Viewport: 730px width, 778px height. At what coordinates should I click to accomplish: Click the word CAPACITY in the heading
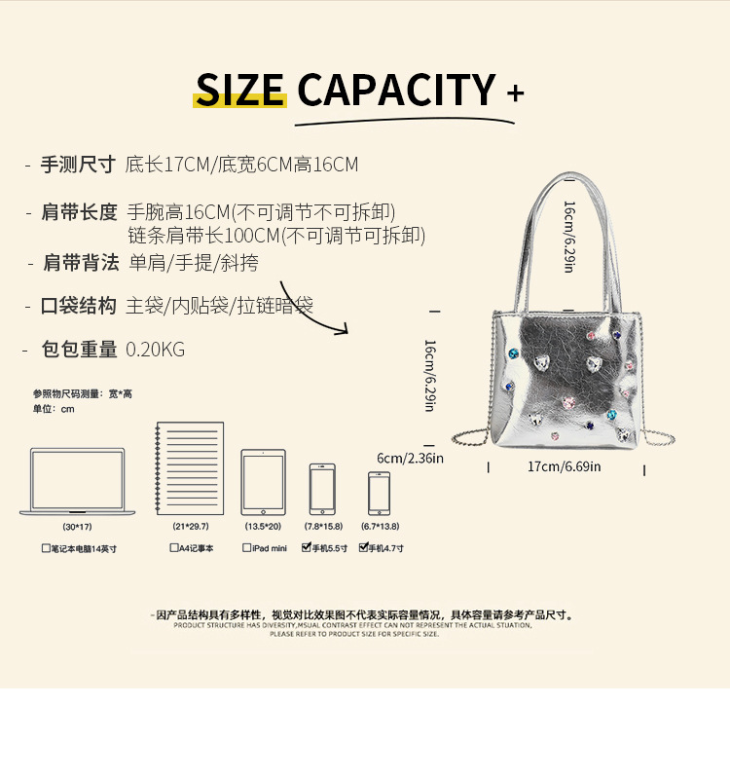point(396,91)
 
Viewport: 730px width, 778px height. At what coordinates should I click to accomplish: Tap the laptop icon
point(78,481)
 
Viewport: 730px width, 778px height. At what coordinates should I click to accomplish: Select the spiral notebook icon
point(189,468)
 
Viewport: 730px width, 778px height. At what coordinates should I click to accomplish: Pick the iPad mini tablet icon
point(263,482)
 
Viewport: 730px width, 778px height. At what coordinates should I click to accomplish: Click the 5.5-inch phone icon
point(323,489)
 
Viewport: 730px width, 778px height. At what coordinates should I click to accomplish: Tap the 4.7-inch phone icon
point(379,493)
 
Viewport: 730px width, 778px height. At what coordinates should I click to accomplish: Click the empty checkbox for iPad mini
point(246,548)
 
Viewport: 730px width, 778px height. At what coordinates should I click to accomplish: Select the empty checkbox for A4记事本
point(174,548)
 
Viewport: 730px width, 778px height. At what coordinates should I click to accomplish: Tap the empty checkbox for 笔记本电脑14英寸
point(46,548)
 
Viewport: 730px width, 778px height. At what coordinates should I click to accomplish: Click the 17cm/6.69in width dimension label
point(564,466)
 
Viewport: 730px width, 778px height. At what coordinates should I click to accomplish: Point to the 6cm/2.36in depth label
point(410,459)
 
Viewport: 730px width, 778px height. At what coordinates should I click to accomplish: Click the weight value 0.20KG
point(155,350)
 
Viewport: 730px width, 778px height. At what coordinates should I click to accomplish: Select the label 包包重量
point(79,350)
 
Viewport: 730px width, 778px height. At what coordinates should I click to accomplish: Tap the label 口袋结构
point(78,306)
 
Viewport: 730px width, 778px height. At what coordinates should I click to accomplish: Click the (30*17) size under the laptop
point(78,527)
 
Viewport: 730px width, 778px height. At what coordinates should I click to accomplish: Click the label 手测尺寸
point(78,165)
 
